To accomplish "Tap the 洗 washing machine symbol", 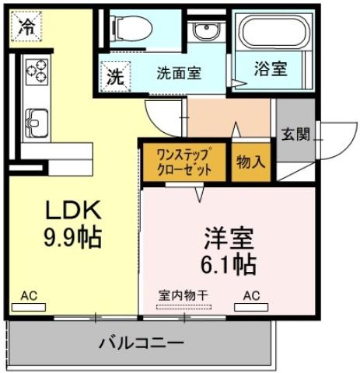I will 115,77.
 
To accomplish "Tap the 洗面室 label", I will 179,74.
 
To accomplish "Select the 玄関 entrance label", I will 295,134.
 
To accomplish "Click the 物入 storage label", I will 250,162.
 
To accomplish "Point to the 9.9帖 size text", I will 72,238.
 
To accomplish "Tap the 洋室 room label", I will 231,236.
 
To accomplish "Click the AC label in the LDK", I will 30,296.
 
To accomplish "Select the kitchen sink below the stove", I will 37,123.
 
